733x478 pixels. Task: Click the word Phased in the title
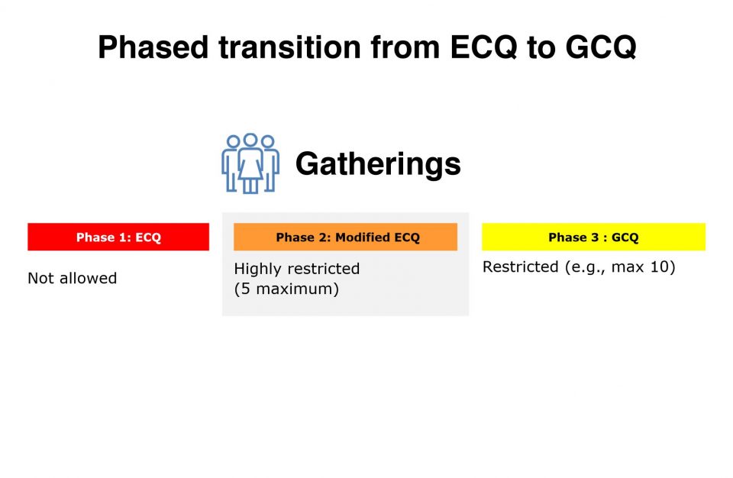coord(153,47)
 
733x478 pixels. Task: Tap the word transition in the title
coord(290,47)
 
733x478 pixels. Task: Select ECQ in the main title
coord(483,47)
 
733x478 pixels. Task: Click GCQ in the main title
coord(601,47)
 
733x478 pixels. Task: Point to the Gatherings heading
coord(378,164)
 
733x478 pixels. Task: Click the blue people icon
coord(250,163)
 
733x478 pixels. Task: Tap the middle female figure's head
coord(250,140)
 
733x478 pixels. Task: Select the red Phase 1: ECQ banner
coord(118,237)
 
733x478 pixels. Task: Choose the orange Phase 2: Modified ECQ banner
coord(345,237)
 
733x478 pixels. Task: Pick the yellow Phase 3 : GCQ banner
coord(594,237)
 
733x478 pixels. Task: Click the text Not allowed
coord(73,278)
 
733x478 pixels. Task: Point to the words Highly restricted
coord(297,269)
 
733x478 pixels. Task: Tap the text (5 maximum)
coord(286,289)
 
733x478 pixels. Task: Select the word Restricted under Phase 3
coord(520,266)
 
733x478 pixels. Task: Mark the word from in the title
coord(405,47)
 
